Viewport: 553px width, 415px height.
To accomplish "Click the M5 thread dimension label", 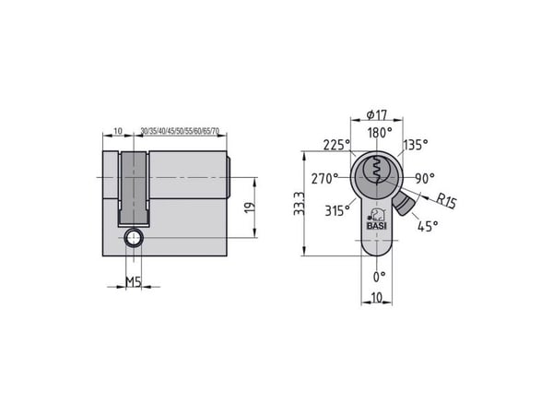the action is (x=134, y=282).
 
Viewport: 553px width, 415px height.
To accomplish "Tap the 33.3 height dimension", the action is (x=299, y=203).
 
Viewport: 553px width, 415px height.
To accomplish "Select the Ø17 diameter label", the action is (x=377, y=114).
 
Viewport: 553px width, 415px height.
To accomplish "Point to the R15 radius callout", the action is (x=446, y=200).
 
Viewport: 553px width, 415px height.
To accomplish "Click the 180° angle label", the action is (x=380, y=133).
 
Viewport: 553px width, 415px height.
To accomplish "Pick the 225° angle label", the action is (x=337, y=145).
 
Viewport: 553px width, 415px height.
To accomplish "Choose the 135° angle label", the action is (x=416, y=145).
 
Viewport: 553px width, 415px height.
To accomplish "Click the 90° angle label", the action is (x=425, y=179).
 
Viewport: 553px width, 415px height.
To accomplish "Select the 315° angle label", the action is (x=337, y=210).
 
